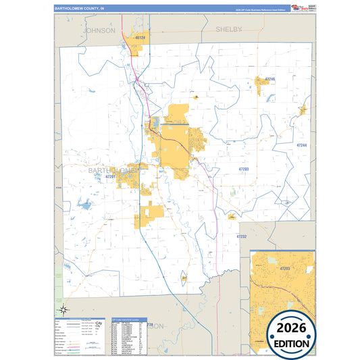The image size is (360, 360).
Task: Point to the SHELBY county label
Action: (228, 30)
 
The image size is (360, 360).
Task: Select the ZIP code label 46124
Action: (140, 38)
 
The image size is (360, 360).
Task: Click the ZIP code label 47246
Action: (270, 79)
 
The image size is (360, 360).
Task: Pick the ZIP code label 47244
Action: (301, 145)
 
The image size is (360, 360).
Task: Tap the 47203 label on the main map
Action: (244, 168)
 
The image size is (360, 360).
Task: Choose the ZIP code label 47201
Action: (111, 176)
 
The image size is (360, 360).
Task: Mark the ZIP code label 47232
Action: (242, 236)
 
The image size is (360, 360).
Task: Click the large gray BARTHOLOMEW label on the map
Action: (111, 171)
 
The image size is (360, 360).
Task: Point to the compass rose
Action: (63, 310)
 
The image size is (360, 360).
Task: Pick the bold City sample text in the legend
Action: (99, 325)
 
